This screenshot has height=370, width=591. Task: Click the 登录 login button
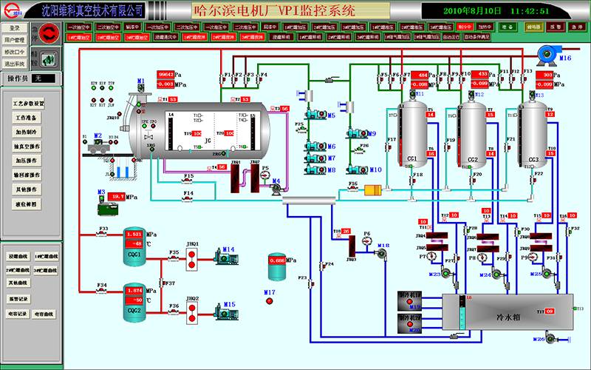(x=14, y=27)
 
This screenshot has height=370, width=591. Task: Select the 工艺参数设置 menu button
(x=29, y=104)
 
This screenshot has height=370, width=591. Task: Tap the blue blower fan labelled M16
(x=547, y=49)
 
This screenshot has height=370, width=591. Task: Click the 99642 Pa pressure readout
(x=165, y=75)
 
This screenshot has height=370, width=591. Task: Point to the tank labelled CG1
(x=412, y=133)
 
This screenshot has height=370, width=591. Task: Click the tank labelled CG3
(x=532, y=133)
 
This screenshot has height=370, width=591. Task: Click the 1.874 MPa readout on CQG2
(x=134, y=291)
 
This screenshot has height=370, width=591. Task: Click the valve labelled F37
(x=163, y=283)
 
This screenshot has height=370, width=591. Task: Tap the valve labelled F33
(x=103, y=235)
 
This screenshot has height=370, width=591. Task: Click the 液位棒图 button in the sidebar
(x=29, y=202)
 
